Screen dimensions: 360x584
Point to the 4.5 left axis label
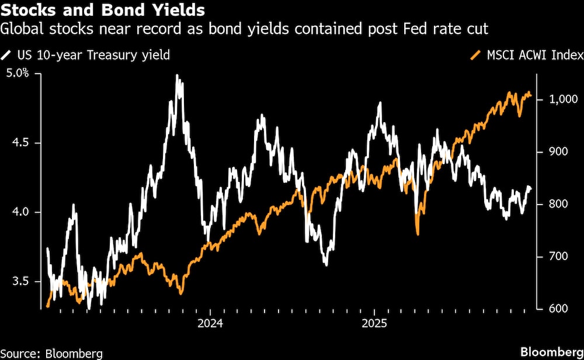(x=15, y=143)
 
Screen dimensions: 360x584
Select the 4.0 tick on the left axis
(x=15, y=212)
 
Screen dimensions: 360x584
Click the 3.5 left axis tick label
(x=15, y=281)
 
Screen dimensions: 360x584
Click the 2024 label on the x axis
(x=210, y=323)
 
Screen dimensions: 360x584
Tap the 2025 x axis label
(x=373, y=323)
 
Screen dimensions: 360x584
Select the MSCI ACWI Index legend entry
(x=526, y=56)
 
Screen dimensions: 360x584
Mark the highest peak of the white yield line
(x=177, y=75)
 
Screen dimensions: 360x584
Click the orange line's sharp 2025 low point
(x=418, y=234)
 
